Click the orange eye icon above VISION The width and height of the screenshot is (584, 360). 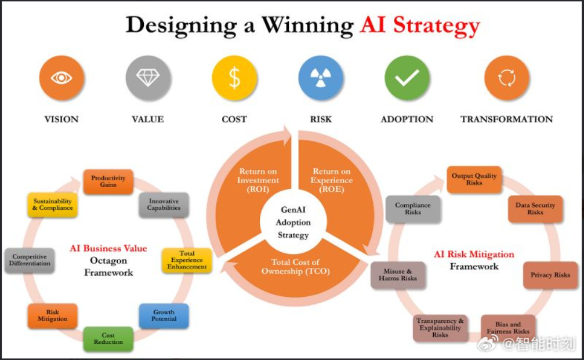(61, 78)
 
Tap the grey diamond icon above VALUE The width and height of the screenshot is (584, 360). (148, 78)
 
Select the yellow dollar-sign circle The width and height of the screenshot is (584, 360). (234, 78)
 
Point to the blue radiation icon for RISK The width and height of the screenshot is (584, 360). (321, 78)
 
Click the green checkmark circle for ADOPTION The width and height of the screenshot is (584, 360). (407, 78)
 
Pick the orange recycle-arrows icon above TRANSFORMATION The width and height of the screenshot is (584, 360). (506, 78)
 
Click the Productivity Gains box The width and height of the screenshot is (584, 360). (108, 181)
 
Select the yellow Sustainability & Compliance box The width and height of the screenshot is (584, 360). (53, 205)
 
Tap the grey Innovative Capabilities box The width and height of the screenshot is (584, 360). (164, 205)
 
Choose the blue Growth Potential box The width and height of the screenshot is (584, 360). (164, 316)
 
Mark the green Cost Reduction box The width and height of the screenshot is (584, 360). (108, 339)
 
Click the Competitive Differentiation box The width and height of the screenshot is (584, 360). (30, 260)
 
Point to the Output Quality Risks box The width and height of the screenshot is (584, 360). (474, 179)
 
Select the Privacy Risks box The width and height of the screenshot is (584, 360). (550, 275)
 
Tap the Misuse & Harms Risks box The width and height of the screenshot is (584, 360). (398, 275)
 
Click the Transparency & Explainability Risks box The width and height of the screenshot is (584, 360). (440, 328)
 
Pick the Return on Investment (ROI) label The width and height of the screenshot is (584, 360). (257, 180)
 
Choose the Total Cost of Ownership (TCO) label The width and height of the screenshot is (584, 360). (296, 267)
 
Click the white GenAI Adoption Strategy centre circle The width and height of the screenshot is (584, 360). (293, 222)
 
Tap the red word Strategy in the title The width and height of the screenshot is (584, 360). (437, 26)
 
